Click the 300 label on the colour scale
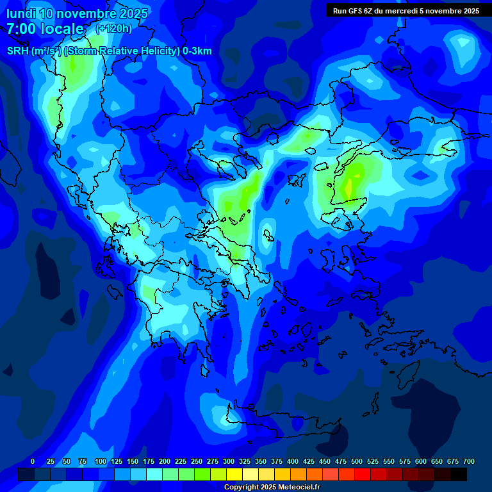229,461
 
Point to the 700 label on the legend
468,461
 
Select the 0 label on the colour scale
33,461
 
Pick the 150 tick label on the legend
133,461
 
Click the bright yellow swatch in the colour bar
234,474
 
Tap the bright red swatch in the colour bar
363,474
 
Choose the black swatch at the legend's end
459,474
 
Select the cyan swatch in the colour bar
154,474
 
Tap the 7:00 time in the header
23,29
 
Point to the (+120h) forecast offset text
113,28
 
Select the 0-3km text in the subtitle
197,51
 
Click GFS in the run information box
356,10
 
